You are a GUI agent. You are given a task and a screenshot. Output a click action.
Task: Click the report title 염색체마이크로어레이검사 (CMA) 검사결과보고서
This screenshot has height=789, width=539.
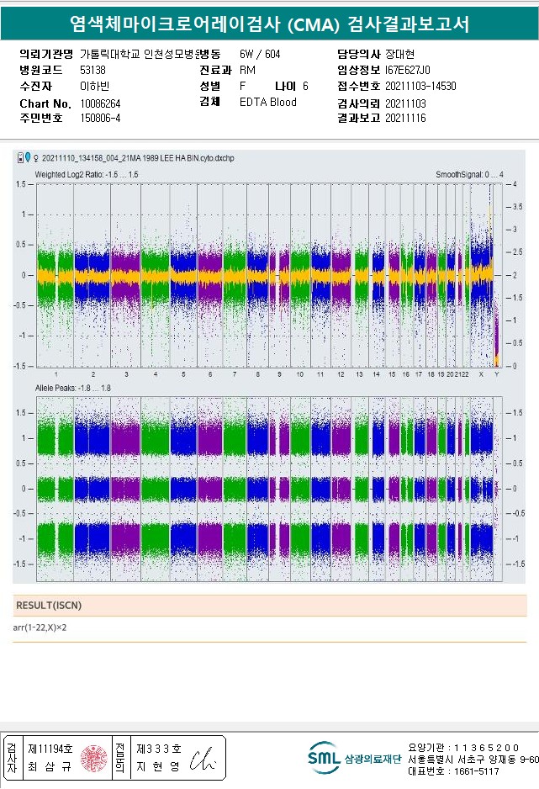[x=269, y=24]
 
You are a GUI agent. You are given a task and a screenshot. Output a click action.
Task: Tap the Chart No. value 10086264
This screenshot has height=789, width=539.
[x=100, y=103]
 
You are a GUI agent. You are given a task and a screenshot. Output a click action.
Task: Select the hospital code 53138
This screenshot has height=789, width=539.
[x=92, y=71]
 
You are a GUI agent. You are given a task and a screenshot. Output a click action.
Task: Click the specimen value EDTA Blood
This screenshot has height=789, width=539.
[x=267, y=103]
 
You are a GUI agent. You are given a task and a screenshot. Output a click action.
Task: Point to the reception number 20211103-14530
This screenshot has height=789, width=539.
[x=420, y=87]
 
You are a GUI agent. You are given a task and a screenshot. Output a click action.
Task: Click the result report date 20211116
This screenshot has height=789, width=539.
[x=405, y=119]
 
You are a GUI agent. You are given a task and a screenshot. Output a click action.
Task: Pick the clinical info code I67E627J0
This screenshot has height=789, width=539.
[x=407, y=71]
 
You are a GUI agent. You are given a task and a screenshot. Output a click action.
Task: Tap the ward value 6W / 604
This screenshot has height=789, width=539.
[x=260, y=55]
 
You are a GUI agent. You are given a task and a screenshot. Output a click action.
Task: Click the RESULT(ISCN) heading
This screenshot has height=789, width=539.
[x=49, y=605]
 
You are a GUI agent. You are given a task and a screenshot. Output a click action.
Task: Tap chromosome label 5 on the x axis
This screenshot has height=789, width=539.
[x=182, y=373]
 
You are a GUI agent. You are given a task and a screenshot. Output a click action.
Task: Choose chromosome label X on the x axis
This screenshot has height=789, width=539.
[x=481, y=373]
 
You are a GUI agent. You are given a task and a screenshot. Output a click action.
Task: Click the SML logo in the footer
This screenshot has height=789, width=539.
[x=323, y=758]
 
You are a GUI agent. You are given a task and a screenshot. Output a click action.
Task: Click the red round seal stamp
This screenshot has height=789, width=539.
[x=93, y=758]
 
